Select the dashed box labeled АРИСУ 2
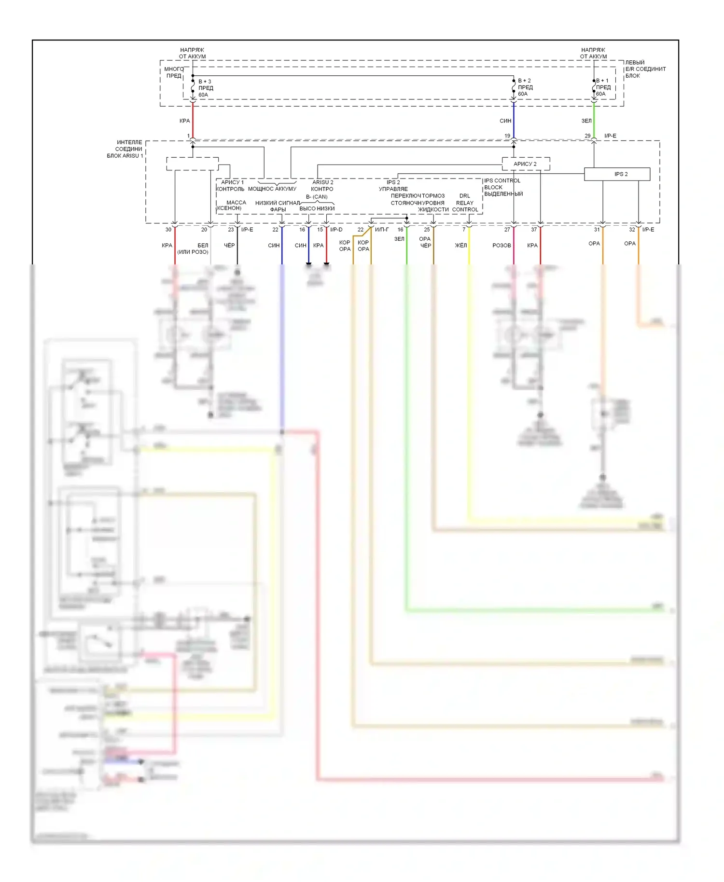525,164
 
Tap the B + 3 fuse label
205,82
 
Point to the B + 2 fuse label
524,81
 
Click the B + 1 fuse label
602,81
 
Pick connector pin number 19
507,136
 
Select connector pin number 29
587,136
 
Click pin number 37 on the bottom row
534,230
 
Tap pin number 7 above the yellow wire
464,230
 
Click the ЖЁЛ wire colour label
461,246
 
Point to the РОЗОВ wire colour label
501,246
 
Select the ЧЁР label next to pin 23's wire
229,246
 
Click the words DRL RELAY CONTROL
465,203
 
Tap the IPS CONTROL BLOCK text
502,184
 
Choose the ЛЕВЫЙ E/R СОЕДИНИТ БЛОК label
645,69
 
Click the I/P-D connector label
336,230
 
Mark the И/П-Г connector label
382,230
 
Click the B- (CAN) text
317,197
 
